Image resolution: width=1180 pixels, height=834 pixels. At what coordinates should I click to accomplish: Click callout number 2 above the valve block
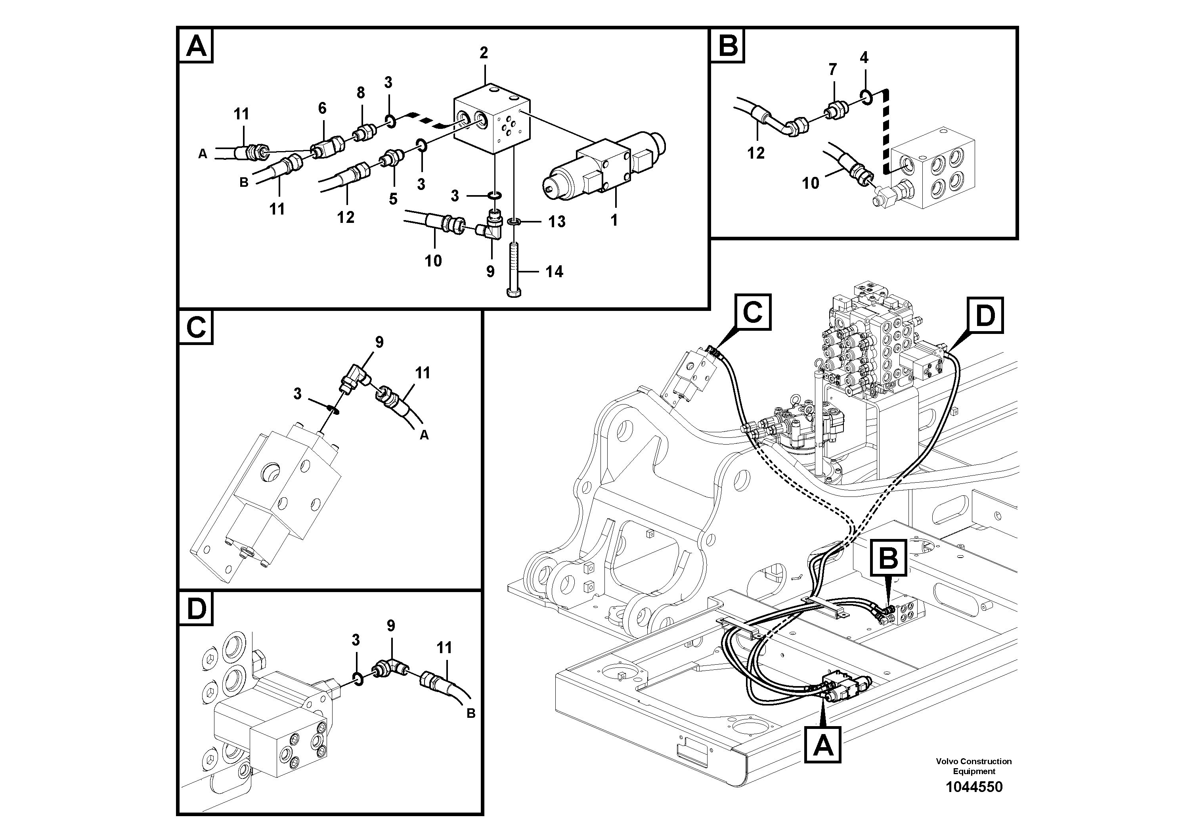pos(484,53)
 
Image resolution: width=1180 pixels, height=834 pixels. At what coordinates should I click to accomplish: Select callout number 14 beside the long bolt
pos(554,272)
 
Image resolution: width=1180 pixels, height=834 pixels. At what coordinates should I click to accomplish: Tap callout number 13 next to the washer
pos(557,222)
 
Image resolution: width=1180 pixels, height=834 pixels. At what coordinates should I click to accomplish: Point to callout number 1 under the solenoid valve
pos(614,220)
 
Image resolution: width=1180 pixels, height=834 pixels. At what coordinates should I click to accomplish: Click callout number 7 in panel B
pos(832,69)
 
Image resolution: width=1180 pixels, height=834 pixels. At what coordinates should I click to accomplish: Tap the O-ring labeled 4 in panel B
pos(865,96)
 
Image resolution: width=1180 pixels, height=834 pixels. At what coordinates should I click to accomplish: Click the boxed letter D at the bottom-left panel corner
pos(196,609)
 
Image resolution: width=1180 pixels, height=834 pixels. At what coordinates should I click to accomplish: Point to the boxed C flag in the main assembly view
pos(753,312)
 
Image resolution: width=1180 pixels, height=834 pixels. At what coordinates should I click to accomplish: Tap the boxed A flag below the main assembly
pos(823,744)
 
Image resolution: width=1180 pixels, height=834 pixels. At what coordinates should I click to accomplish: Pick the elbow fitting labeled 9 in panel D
pos(390,670)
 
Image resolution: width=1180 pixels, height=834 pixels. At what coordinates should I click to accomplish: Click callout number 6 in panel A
pos(322,108)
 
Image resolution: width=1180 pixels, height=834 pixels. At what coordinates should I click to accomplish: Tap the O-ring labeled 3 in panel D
pos(359,679)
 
